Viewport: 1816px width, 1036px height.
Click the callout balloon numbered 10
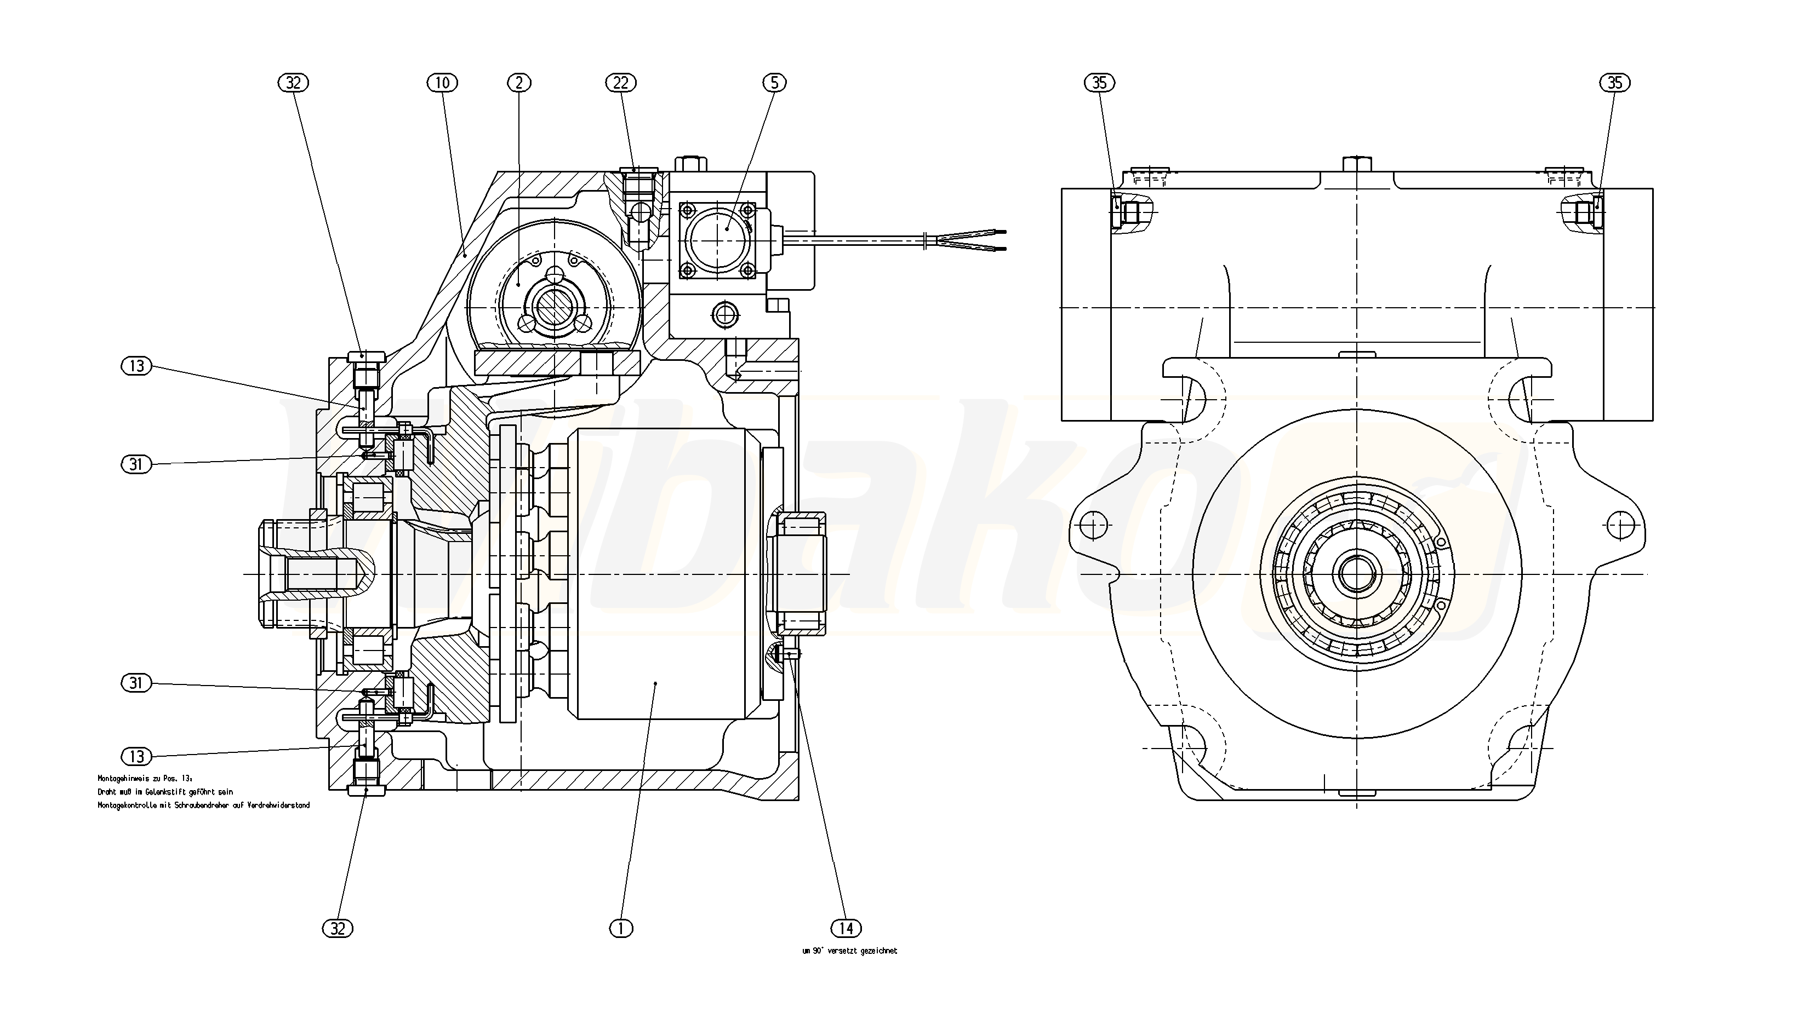(x=442, y=83)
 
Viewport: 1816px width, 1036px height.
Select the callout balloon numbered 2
(x=519, y=83)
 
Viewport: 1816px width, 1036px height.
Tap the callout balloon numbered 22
(x=621, y=83)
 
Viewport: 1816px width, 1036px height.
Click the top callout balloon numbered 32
(x=293, y=83)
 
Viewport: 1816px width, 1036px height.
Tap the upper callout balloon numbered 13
(x=136, y=366)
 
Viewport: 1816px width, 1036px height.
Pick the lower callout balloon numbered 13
(x=136, y=756)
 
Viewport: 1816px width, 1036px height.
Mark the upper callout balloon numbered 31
(x=136, y=465)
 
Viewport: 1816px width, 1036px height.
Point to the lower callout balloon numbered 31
(x=136, y=683)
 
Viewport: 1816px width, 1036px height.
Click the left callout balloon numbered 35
(x=1099, y=83)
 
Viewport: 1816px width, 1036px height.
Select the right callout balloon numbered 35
(x=1614, y=83)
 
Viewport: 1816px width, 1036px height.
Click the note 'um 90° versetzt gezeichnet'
(x=849, y=951)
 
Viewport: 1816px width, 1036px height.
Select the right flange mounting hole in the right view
(x=1621, y=525)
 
